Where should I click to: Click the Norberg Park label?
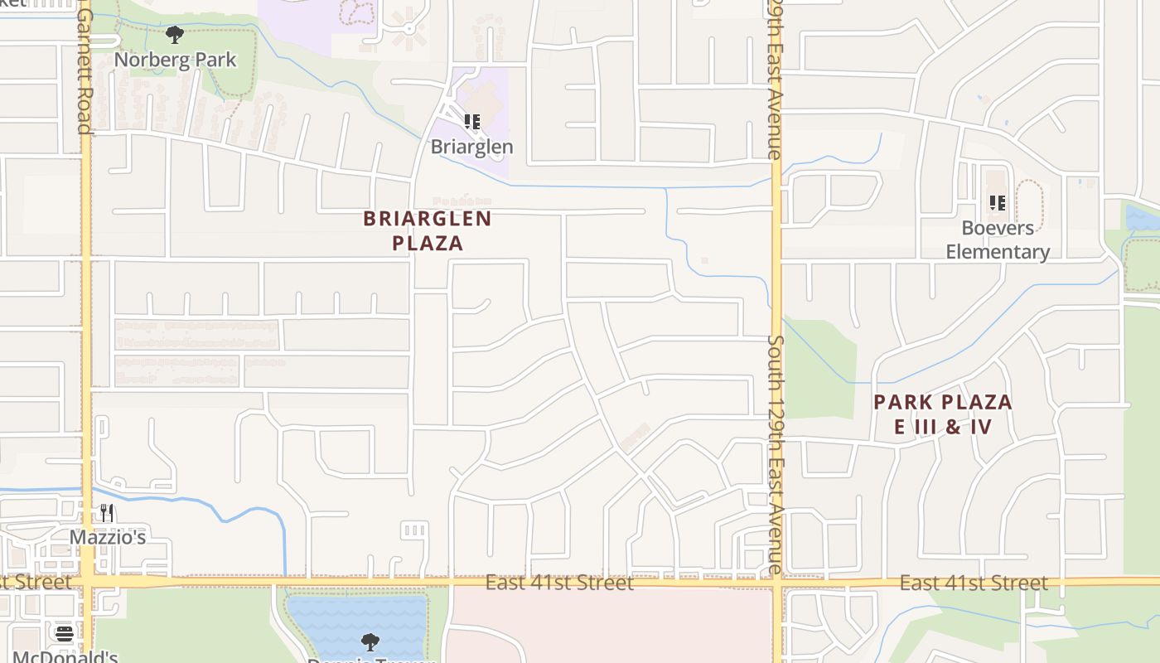click(175, 60)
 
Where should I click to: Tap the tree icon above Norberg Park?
click(175, 35)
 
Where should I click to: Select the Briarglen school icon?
click(472, 123)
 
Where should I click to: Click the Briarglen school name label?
click(471, 147)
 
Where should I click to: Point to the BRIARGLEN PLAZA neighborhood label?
click(428, 230)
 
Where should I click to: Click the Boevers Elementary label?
click(998, 240)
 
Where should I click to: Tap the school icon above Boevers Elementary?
click(998, 202)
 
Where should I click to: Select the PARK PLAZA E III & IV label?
click(943, 414)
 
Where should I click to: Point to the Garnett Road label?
click(85, 70)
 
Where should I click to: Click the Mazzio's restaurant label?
click(108, 537)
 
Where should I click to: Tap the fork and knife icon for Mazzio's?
click(107, 513)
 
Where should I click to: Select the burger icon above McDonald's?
click(65, 634)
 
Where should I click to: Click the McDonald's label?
click(65, 656)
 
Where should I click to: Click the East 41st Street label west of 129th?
click(559, 583)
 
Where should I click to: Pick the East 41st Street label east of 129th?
click(974, 583)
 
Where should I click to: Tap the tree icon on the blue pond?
click(370, 641)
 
